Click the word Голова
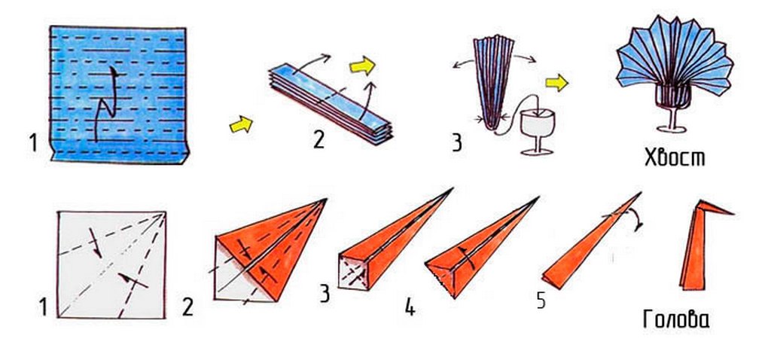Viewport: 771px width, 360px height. [x=675, y=319]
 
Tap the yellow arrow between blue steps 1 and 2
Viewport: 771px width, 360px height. [x=241, y=124]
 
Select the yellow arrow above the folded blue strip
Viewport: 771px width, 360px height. [x=362, y=66]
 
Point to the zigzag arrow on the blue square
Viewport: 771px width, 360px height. [x=106, y=104]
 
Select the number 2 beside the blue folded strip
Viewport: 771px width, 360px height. [x=318, y=140]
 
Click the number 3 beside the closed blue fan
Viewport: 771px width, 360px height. [x=457, y=143]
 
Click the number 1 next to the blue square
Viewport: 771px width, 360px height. [x=33, y=144]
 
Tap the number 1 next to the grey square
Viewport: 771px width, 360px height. [x=43, y=308]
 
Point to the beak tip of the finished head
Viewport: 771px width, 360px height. [x=733, y=213]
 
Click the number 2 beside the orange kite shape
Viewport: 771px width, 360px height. [x=187, y=307]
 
